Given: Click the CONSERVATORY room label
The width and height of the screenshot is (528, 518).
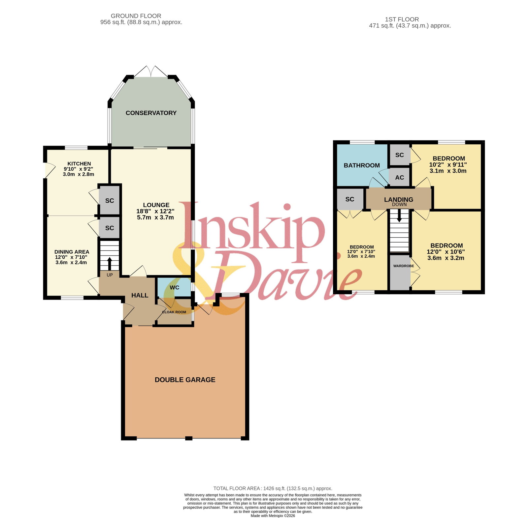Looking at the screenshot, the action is point(151,113).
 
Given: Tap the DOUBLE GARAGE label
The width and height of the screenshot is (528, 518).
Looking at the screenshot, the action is point(185,380).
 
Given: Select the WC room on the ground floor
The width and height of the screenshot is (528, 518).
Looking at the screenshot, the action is point(175,287).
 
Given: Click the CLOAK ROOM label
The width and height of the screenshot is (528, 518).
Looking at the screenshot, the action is point(174,312).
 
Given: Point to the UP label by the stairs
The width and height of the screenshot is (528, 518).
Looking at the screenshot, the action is point(110,275).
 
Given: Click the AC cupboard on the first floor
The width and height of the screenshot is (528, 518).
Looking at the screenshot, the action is point(400,177).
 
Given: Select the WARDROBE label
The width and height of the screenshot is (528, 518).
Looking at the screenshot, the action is point(404,266).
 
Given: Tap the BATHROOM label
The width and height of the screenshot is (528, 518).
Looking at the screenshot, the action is point(362,165).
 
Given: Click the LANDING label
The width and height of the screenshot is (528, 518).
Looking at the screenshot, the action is point(399,199).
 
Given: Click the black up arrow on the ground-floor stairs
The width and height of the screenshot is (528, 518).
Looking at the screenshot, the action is point(109,263).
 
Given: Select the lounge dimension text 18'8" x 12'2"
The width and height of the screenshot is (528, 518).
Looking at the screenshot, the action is point(155,211).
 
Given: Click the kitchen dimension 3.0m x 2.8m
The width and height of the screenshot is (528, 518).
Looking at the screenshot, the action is point(79,174).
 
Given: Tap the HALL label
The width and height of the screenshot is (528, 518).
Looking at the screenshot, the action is point(140,295).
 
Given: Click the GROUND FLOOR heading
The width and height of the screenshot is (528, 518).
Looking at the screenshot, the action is point(136,16).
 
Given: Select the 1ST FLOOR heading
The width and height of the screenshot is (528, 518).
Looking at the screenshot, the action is point(402,19).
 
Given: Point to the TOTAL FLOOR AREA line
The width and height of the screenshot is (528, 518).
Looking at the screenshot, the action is point(273,488).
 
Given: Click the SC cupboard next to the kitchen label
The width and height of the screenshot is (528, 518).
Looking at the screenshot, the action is point(110,200).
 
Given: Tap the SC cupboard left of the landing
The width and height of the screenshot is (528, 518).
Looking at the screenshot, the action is point(350,199).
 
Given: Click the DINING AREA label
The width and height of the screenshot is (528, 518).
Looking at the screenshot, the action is point(72,252).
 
